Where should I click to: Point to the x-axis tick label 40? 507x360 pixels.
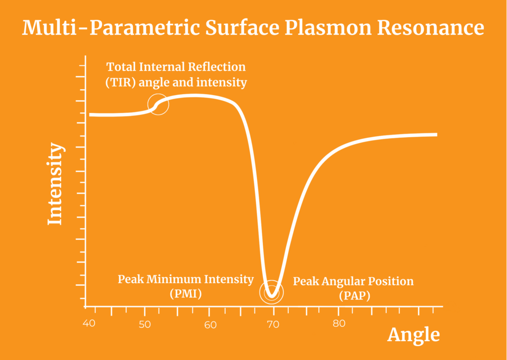pos(89,324)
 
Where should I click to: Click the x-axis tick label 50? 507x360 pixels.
pos(145,325)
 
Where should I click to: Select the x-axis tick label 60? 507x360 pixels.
pos(209,325)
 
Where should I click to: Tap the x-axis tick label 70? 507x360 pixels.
pos(273,325)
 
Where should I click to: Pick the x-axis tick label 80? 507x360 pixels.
pos(338,325)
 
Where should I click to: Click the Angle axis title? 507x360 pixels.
pos(413,335)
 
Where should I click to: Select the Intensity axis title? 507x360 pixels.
pos(55,184)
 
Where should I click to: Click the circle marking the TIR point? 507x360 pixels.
pos(158,104)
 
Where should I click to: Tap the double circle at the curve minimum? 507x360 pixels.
pos(271,292)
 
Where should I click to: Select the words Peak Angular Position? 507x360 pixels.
pos(353,282)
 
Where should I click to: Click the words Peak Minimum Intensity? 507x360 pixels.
pos(185,279)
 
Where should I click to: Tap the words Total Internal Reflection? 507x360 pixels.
pos(176,67)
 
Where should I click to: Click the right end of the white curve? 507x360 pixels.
pos(436,134)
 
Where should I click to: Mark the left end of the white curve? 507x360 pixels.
pos(91,115)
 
